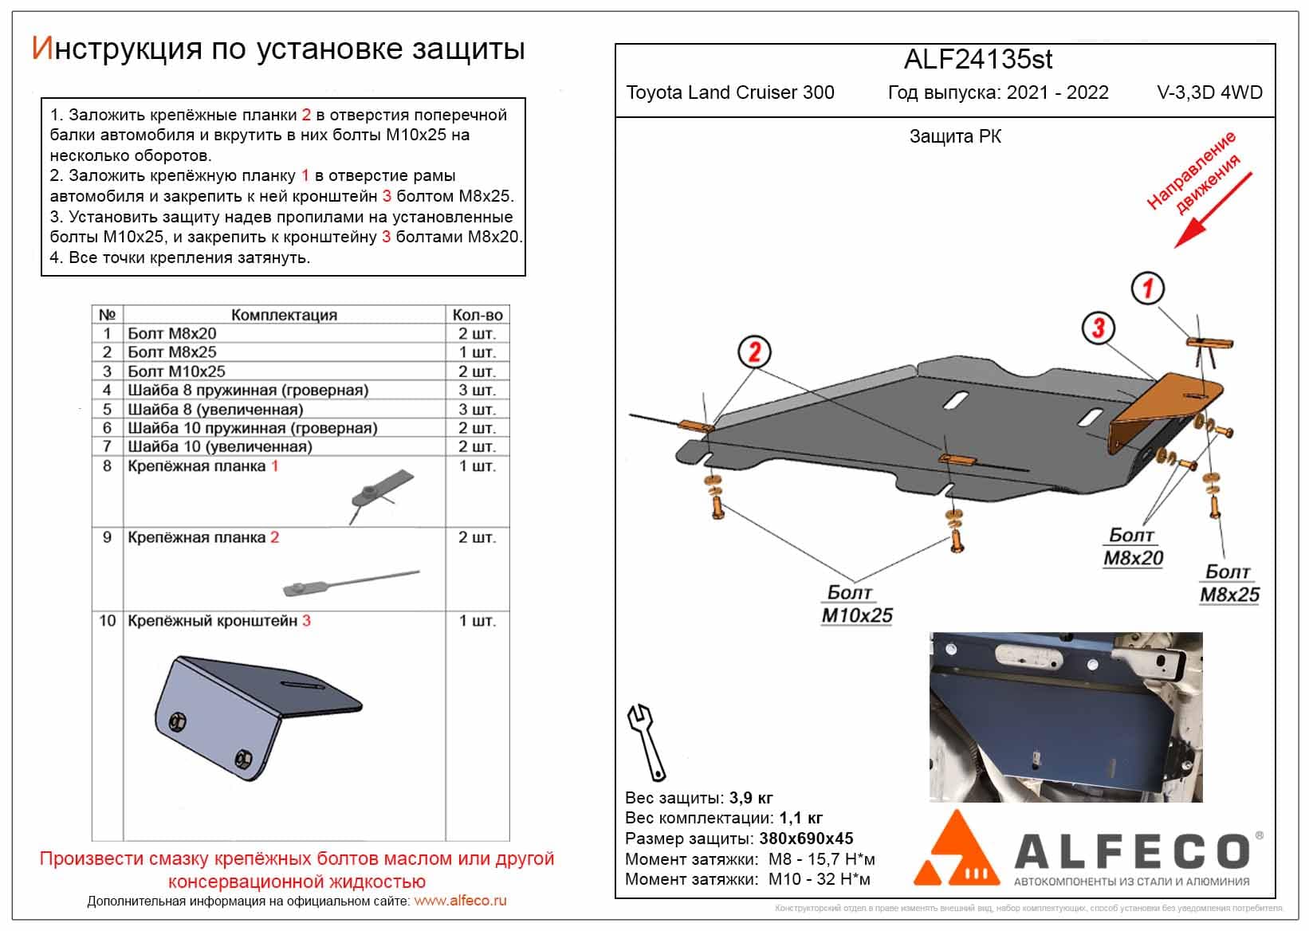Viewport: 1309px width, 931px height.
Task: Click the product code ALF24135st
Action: [978, 60]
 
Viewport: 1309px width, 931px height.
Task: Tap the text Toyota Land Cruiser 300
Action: [730, 92]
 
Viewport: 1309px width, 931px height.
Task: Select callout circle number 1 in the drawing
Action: [1148, 289]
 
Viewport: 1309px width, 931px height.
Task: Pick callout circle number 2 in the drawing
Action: [754, 352]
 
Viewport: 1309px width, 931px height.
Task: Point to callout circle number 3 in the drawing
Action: [1098, 328]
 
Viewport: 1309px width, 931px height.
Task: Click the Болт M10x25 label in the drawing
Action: [856, 603]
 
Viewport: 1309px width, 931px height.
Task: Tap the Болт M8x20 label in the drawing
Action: [1133, 547]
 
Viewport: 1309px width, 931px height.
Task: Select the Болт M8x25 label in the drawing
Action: [1229, 583]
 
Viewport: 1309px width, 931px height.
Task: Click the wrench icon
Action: [647, 741]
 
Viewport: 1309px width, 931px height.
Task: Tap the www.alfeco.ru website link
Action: [460, 902]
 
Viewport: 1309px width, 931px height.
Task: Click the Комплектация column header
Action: [284, 315]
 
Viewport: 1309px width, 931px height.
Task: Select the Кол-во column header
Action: [477, 315]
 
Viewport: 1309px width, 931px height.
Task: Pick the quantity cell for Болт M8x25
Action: [477, 352]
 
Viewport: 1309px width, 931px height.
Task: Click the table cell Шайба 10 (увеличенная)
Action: [219, 446]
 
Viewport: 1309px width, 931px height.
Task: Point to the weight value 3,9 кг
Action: [750, 798]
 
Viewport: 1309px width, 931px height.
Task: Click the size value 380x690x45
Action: [805, 839]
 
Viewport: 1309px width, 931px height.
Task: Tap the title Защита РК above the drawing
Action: [955, 137]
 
